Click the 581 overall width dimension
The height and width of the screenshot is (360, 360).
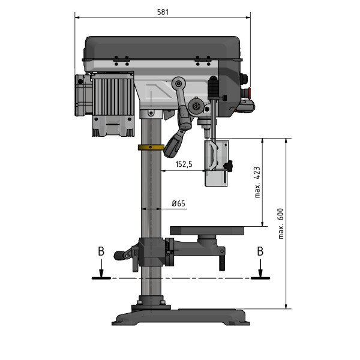pyautogui.click(x=163, y=11)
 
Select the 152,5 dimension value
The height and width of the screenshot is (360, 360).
pyautogui.click(x=183, y=165)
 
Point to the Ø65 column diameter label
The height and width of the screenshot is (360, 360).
pyautogui.click(x=178, y=203)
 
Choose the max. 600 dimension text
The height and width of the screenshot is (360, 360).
pyautogui.click(x=280, y=223)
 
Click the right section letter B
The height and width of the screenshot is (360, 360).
pyautogui.click(x=260, y=251)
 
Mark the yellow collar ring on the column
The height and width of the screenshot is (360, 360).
pyautogui.click(x=151, y=147)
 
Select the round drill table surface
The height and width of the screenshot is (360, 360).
pyautogui.click(x=208, y=230)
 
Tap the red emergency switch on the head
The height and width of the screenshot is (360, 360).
pyautogui.click(x=250, y=91)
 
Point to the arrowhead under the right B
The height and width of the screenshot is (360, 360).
pyautogui.click(x=260, y=274)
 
